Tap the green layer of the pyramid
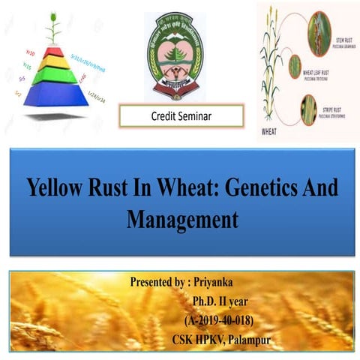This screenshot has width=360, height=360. [x=52, y=75]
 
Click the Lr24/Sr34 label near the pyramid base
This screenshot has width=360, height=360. [x=97, y=97]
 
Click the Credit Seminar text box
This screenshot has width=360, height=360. [x=181, y=116]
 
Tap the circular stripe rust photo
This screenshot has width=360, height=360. [x=309, y=109]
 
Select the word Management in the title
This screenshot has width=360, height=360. [x=181, y=219]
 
